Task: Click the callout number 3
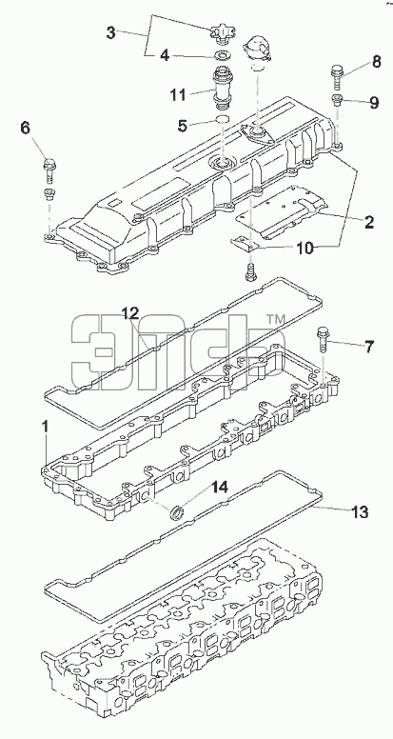tap(110, 33)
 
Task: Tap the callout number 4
tap(165, 55)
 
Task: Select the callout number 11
tap(178, 94)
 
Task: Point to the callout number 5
tap(183, 126)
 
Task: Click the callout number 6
tap(25, 128)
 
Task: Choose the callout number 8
tap(377, 62)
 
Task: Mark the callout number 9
tap(374, 102)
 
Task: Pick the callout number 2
tap(369, 222)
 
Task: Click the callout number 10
tap(305, 249)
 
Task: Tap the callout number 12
tap(131, 312)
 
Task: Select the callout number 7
tap(368, 348)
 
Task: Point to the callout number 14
tap(219, 488)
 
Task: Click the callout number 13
tap(360, 511)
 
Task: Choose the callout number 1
tap(46, 428)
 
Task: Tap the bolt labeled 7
tap(324, 338)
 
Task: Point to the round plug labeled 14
tap(177, 512)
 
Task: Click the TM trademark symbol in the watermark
tap(276, 320)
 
